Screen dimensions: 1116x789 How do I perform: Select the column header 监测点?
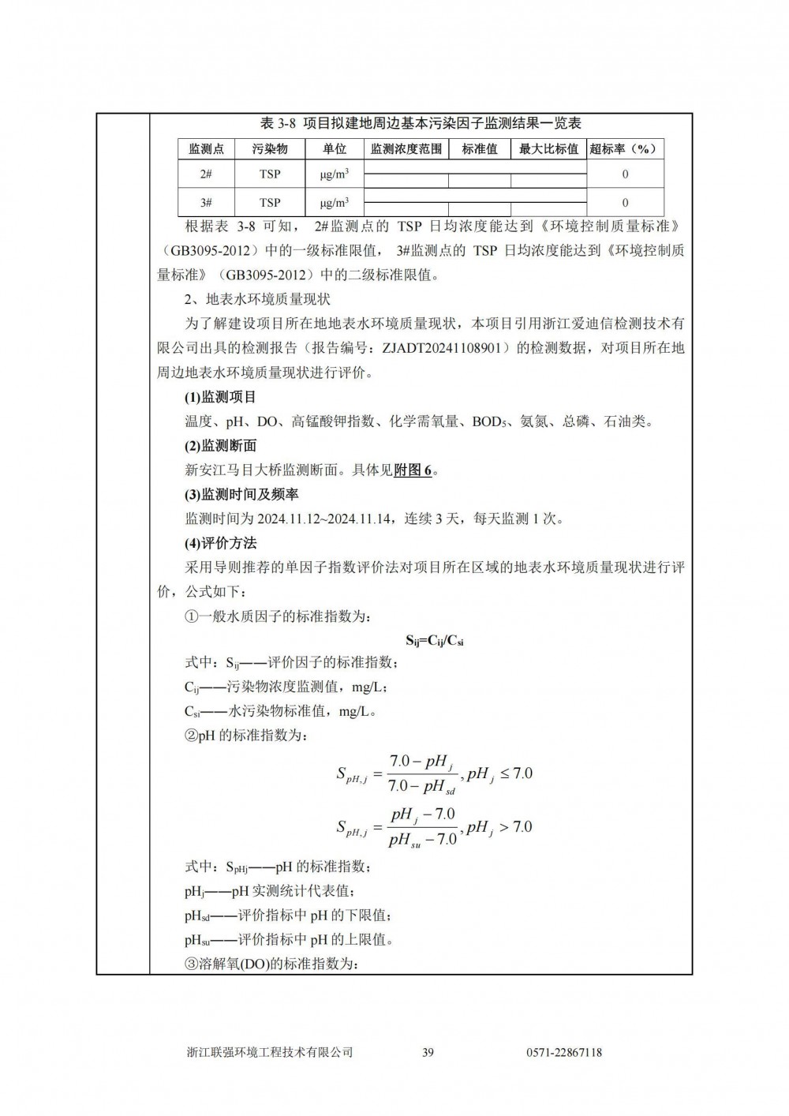[206, 148]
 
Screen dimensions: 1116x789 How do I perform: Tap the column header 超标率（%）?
[624, 148]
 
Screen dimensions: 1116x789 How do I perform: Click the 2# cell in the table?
[206, 174]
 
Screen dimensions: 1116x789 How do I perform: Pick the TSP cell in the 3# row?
[270, 202]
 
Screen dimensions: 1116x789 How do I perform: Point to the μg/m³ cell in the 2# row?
[335, 174]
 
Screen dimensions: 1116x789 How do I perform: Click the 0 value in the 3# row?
[625, 202]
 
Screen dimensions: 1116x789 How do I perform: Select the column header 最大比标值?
[548, 148]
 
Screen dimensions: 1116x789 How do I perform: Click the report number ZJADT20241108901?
[446, 348]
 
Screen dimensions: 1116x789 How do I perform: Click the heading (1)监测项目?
[220, 397]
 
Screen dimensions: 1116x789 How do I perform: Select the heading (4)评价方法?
[220, 544]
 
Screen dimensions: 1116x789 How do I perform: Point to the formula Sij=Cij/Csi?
[434, 640]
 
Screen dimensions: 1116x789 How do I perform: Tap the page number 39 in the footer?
[428, 1052]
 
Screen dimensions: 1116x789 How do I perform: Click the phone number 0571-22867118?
[563, 1052]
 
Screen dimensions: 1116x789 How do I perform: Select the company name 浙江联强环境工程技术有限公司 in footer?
[269, 1052]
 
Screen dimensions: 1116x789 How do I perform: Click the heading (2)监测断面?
[220, 446]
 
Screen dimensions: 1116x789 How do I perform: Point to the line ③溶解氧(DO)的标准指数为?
[271, 964]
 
